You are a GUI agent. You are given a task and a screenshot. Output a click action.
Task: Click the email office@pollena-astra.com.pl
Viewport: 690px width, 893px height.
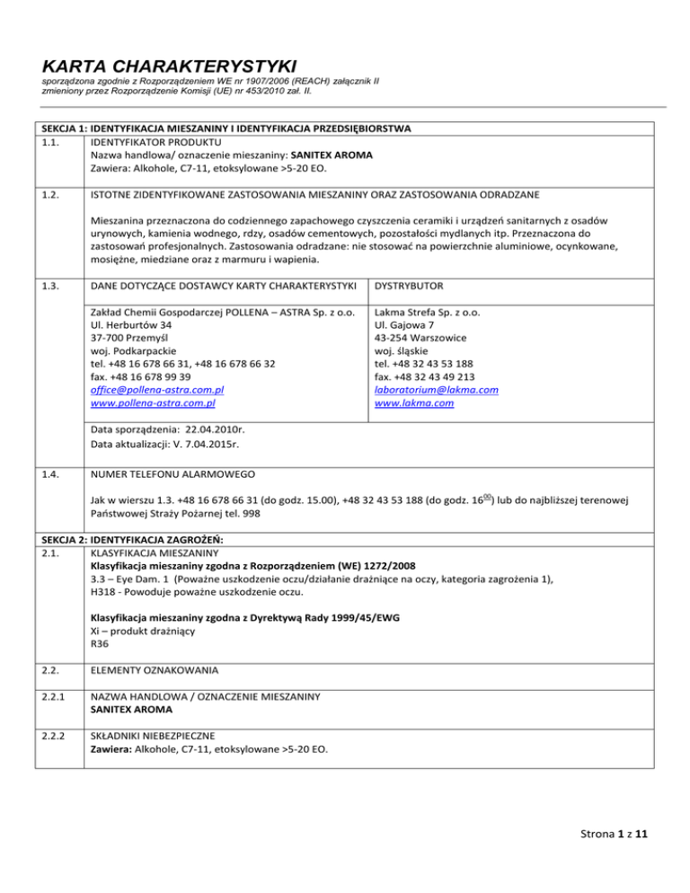pos(151,391)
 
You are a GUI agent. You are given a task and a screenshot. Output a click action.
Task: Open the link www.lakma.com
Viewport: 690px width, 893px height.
pos(413,404)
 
